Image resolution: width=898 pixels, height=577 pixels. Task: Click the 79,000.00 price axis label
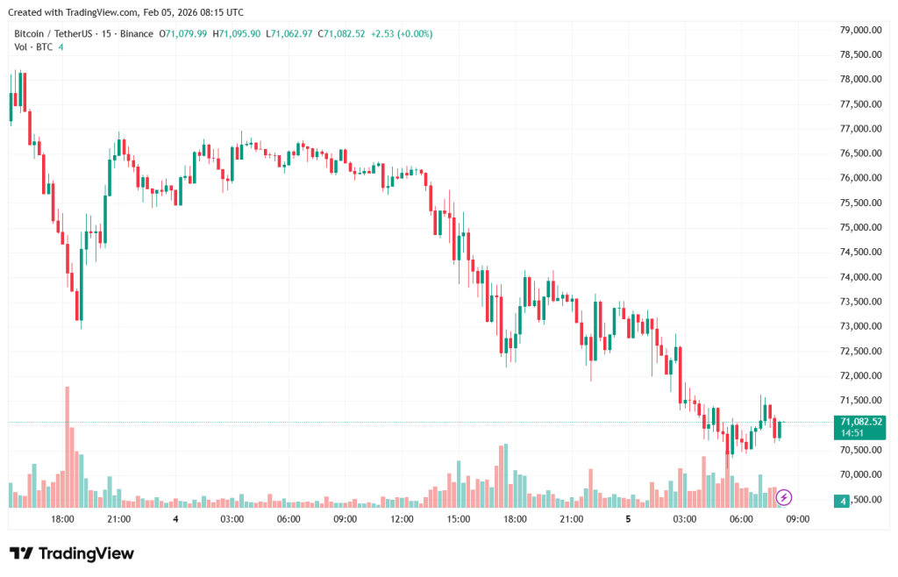tap(859, 30)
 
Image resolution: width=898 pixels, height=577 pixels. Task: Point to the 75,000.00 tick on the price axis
tap(859, 227)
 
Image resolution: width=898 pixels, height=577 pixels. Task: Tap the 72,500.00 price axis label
tap(859, 351)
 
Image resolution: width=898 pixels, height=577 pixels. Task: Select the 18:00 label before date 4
tap(62, 519)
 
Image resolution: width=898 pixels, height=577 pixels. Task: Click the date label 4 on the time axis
tap(176, 519)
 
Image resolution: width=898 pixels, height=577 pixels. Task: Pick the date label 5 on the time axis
tap(628, 519)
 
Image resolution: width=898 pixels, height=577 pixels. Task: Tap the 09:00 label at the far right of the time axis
tap(797, 519)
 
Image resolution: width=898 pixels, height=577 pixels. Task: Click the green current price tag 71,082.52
tap(859, 422)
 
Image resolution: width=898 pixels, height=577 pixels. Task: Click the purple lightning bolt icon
tap(784, 498)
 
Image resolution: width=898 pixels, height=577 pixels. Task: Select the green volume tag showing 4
tap(843, 500)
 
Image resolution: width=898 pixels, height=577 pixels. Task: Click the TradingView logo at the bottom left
tap(72, 553)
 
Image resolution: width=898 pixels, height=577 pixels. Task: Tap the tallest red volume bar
tap(67, 446)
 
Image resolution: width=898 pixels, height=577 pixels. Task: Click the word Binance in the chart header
tap(135, 34)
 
